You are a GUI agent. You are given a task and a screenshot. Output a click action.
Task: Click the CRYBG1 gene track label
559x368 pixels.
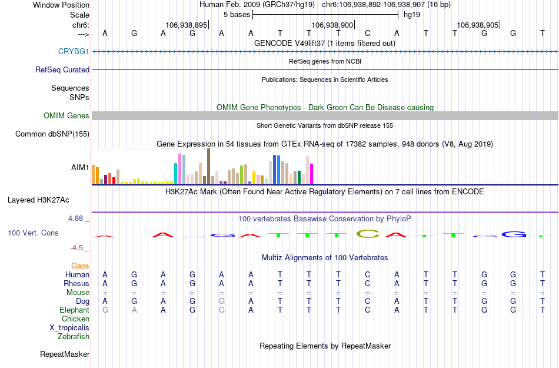pyautogui.click(x=74, y=52)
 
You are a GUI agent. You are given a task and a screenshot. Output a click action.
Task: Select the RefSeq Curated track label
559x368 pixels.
pyautogui.click(x=62, y=69)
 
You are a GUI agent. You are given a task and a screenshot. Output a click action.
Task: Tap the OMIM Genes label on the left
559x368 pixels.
pyautogui.click(x=66, y=116)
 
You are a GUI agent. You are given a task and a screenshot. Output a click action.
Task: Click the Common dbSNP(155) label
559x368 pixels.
pyautogui.click(x=52, y=134)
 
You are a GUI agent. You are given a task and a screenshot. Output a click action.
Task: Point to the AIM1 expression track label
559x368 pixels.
pyautogui.click(x=80, y=168)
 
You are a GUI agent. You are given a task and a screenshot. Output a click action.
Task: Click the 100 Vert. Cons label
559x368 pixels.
pyautogui.click(x=33, y=233)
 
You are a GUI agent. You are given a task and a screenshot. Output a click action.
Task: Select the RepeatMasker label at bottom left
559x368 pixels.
pyautogui.click(x=65, y=354)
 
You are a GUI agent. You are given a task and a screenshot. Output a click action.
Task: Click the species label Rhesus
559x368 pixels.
pyautogui.click(x=76, y=283)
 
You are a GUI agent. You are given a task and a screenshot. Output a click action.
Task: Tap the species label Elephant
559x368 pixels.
pyautogui.click(x=74, y=310)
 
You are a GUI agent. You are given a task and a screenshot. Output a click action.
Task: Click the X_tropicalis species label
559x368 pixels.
pyautogui.click(x=69, y=328)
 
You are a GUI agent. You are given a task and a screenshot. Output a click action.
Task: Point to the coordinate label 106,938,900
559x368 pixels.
pyautogui.click(x=332, y=25)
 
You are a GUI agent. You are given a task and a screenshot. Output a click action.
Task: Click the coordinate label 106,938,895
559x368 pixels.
pyautogui.click(x=187, y=25)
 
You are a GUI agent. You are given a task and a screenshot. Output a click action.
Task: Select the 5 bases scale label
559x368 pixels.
pyautogui.click(x=237, y=14)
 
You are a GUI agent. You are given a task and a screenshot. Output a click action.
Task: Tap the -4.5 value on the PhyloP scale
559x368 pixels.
pyautogui.click(x=78, y=248)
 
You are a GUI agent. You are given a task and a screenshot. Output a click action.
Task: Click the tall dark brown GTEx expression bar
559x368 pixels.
pyautogui.click(x=208, y=166)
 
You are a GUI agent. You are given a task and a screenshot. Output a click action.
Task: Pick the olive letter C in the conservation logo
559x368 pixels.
pyautogui.click(x=368, y=234)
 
